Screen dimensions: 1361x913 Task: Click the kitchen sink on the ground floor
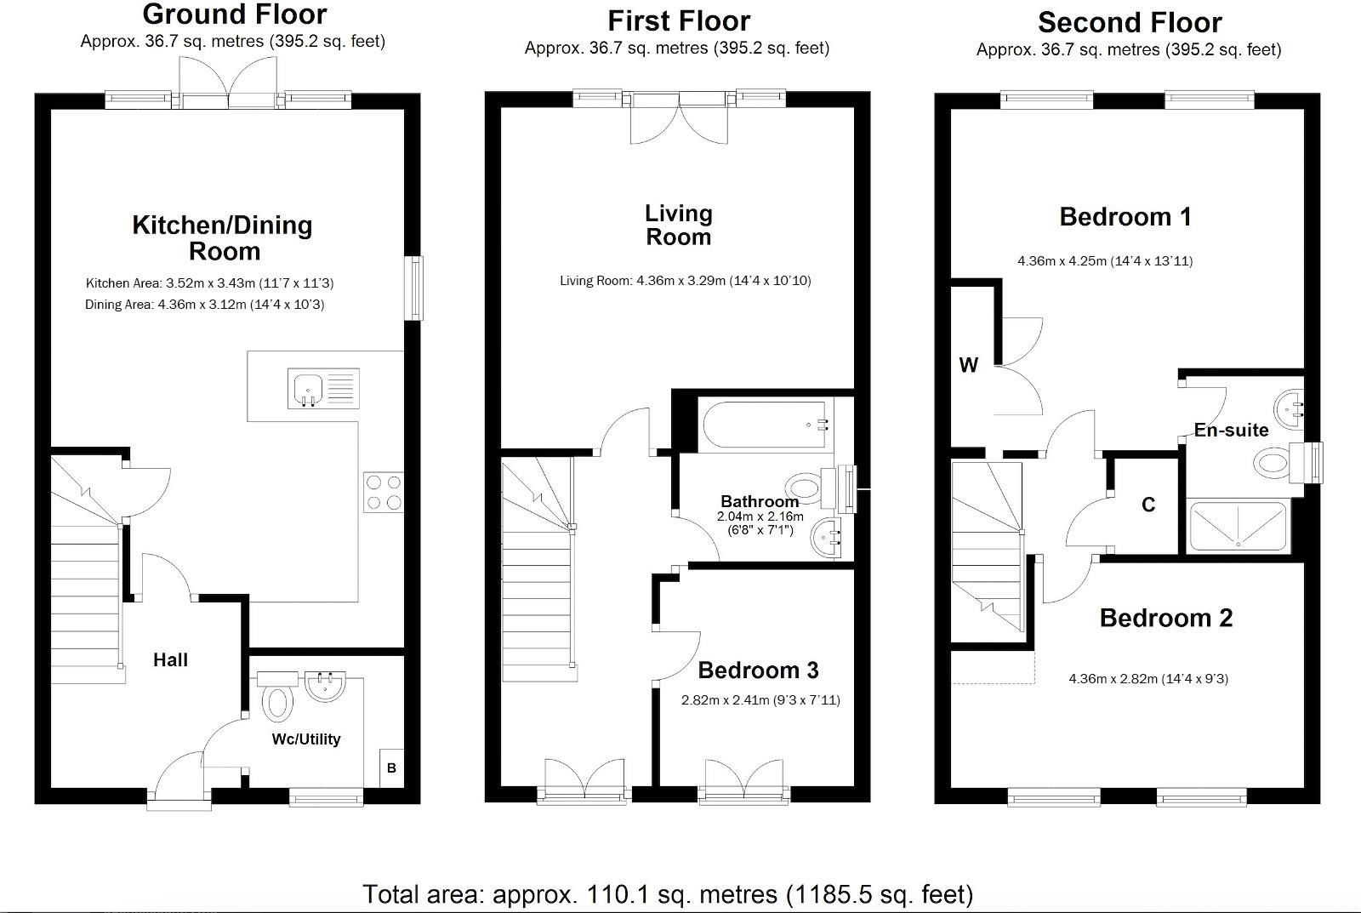coord(323,388)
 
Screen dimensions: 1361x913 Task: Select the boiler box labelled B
coord(392,767)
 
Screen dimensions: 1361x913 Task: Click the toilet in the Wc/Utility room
coord(277,697)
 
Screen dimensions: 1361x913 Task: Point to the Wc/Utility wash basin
coord(325,687)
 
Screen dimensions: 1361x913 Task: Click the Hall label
coord(170,659)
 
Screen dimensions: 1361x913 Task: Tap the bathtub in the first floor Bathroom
coord(765,425)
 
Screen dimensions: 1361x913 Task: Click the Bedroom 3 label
coord(758,670)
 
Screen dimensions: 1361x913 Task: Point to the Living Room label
coord(679,225)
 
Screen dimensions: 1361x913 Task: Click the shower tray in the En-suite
coord(1238,527)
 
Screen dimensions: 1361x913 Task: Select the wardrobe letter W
coord(969,365)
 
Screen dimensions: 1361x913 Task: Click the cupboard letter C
coord(1148,505)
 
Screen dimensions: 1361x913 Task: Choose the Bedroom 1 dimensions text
coord(1105,260)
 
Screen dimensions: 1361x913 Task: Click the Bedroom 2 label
coord(1166,618)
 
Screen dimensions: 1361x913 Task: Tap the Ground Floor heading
coord(235,14)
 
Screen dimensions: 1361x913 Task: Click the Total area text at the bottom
coord(668,894)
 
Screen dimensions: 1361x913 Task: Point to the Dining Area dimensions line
coord(205,304)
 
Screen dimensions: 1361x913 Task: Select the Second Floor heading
coord(1130,22)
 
